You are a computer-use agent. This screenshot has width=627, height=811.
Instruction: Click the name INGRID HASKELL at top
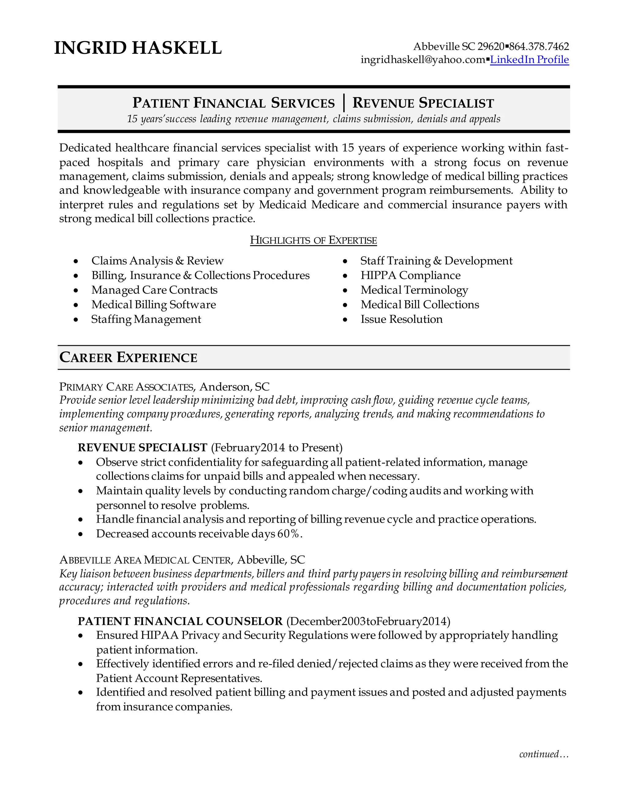(x=138, y=48)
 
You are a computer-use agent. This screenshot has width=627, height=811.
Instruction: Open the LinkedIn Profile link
(x=529, y=59)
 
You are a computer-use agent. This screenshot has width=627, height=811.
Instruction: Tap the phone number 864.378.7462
(x=539, y=47)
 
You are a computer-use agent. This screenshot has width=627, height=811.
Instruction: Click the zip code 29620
(x=491, y=47)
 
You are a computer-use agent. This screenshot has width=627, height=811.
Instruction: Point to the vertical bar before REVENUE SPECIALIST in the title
(x=344, y=103)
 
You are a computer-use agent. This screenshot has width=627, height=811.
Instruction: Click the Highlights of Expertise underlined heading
(x=313, y=240)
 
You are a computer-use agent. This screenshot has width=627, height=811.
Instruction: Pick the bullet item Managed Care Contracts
(x=154, y=290)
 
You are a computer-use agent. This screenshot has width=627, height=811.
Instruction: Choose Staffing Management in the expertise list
(x=146, y=319)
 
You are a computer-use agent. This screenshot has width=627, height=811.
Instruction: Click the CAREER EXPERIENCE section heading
(x=128, y=357)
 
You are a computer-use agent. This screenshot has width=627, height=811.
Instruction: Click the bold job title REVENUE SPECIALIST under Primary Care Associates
(x=142, y=447)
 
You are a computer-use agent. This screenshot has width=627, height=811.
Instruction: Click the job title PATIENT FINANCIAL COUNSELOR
(x=180, y=621)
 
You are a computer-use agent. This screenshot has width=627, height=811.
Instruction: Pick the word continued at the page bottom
(x=539, y=754)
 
